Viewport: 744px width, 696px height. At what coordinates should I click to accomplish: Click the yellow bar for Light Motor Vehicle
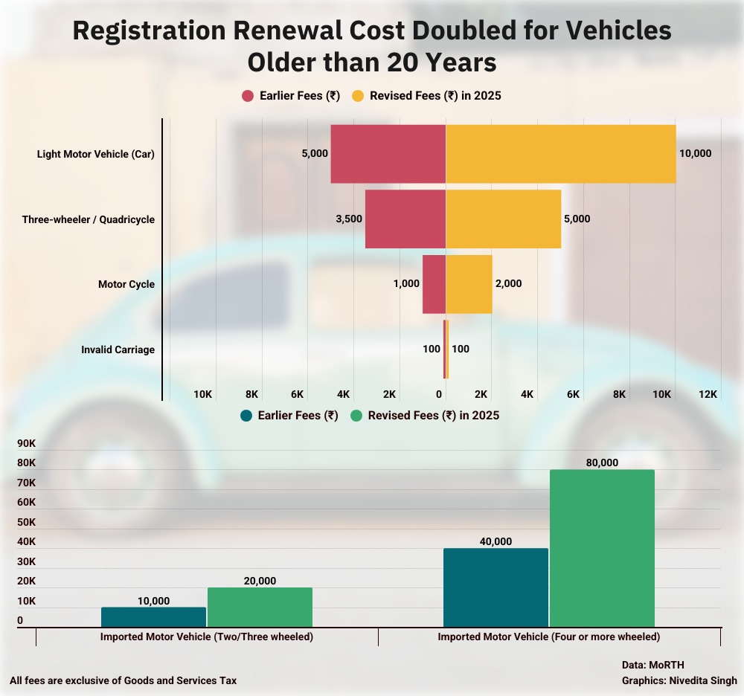tap(560, 154)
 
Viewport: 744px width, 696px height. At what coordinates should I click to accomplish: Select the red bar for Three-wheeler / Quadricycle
tap(405, 219)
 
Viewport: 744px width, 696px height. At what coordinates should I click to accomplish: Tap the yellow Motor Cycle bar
tap(469, 284)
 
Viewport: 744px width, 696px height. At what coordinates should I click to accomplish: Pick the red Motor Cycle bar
tap(434, 284)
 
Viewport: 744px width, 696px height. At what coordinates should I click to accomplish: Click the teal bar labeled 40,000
tap(496, 587)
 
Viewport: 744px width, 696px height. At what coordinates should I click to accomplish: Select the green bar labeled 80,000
tap(602, 548)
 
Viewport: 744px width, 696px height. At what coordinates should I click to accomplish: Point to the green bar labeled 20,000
tap(260, 607)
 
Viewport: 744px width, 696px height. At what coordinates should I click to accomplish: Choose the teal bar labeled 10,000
tap(153, 616)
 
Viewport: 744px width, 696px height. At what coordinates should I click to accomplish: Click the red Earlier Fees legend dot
tap(248, 96)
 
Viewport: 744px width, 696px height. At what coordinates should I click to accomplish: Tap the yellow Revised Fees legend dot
tap(358, 96)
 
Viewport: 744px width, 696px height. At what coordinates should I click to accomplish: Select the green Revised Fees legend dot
tap(356, 416)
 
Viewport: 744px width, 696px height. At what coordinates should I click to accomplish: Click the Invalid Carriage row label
tap(118, 349)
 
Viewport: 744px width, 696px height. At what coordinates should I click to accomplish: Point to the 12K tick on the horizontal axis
tap(708, 394)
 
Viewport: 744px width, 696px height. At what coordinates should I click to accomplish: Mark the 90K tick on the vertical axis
tap(26, 444)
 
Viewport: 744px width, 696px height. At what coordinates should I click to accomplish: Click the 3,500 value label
tap(348, 219)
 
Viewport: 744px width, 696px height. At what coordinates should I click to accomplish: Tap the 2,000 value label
tap(508, 284)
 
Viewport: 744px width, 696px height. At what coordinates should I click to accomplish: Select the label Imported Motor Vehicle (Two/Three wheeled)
tap(207, 637)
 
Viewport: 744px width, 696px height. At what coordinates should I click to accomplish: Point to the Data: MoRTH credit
tap(652, 665)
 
